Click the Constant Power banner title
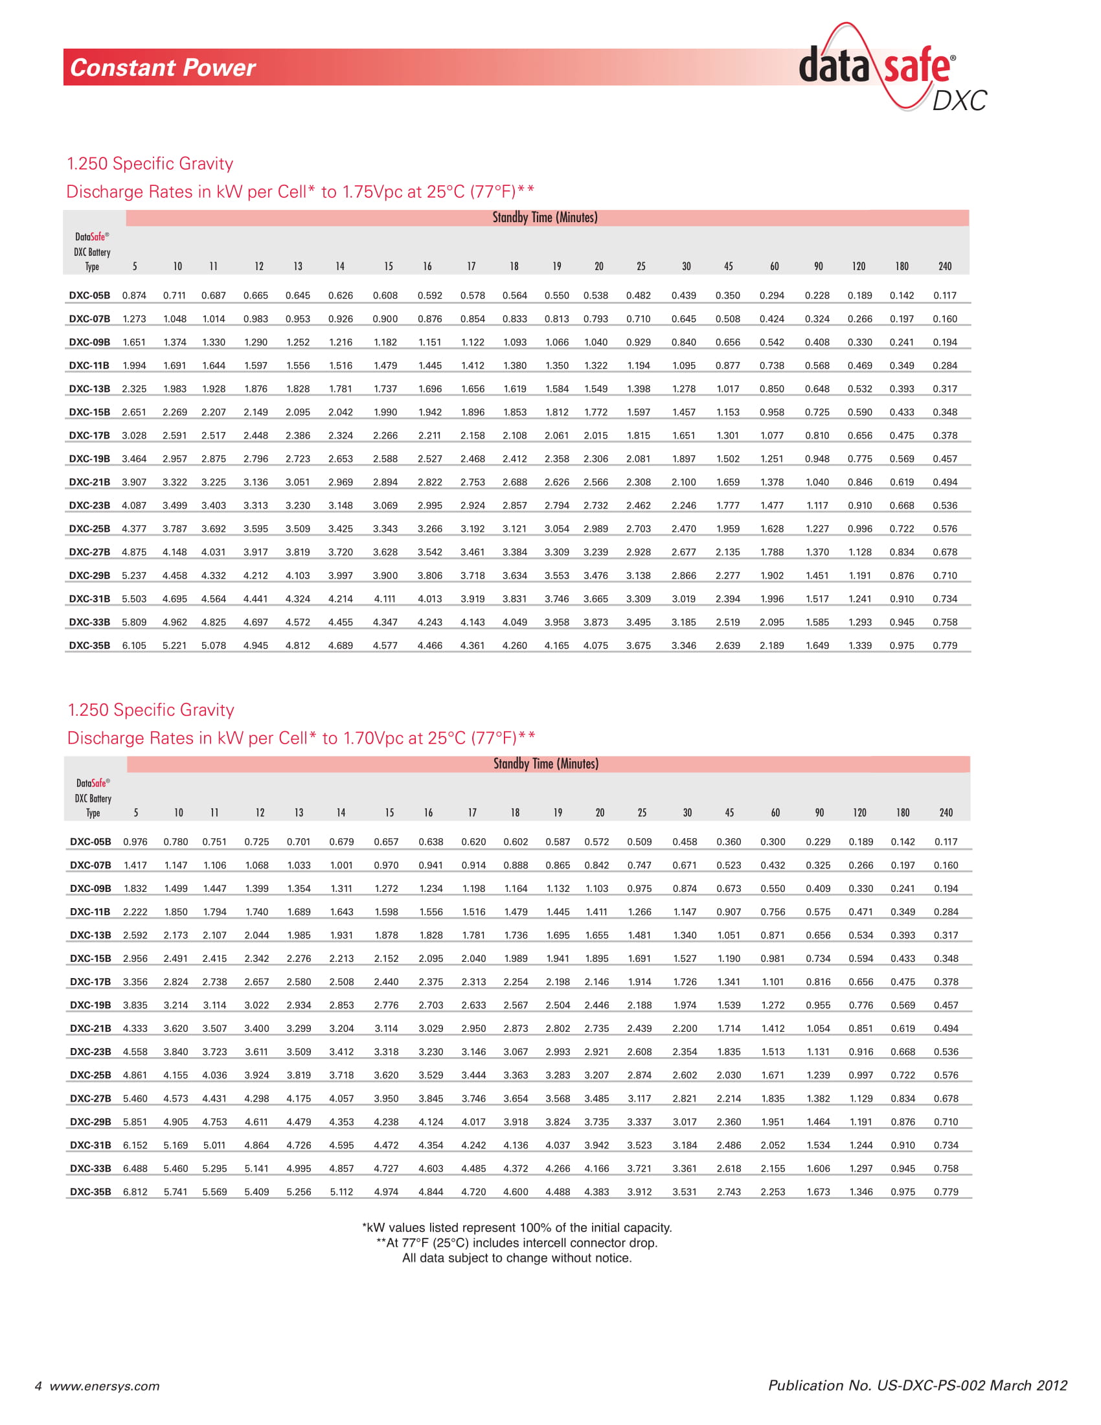click(x=163, y=68)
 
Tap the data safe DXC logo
click(x=892, y=69)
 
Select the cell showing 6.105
click(x=134, y=645)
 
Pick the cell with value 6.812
click(x=135, y=1191)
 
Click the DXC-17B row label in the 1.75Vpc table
click(x=89, y=435)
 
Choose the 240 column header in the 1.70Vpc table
click(x=946, y=812)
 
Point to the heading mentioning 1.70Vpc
click(x=301, y=738)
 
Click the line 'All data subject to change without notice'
click(x=517, y=1258)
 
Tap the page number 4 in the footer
click(x=38, y=1386)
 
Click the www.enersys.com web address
click(x=104, y=1386)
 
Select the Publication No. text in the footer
click(x=917, y=1385)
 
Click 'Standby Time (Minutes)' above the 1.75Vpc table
click(x=545, y=217)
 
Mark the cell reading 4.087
click(x=134, y=505)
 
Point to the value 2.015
click(x=595, y=435)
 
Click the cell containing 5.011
click(x=214, y=1145)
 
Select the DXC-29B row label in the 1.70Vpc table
click(x=91, y=1122)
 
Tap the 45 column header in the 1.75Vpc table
click(x=728, y=266)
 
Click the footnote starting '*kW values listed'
click(x=517, y=1227)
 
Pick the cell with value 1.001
click(x=341, y=865)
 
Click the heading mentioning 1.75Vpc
click(x=300, y=192)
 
